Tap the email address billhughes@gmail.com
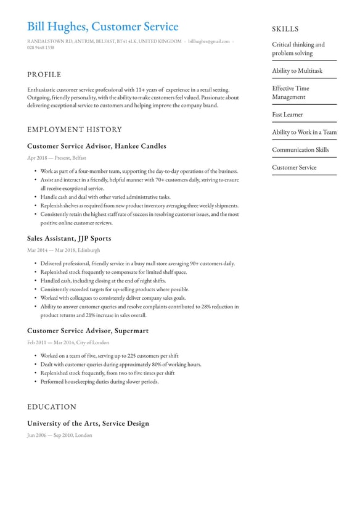(208, 41)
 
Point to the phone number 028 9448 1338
(41, 48)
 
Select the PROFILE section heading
(44, 75)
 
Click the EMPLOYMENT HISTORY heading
(75, 130)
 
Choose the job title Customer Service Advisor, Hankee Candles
(97, 146)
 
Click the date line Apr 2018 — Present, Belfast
(57, 159)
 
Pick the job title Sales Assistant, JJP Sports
(69, 238)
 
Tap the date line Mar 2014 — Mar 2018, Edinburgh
(63, 250)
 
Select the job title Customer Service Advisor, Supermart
(88, 331)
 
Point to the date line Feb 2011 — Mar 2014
(68, 342)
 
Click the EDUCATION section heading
(52, 407)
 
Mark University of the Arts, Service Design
(88, 423)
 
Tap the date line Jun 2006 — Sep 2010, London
(59, 436)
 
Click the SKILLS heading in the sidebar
(285, 29)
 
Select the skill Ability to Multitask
(297, 71)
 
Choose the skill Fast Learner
(287, 115)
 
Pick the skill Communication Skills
(300, 150)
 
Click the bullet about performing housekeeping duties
(99, 382)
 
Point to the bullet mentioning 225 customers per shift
(110, 356)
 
